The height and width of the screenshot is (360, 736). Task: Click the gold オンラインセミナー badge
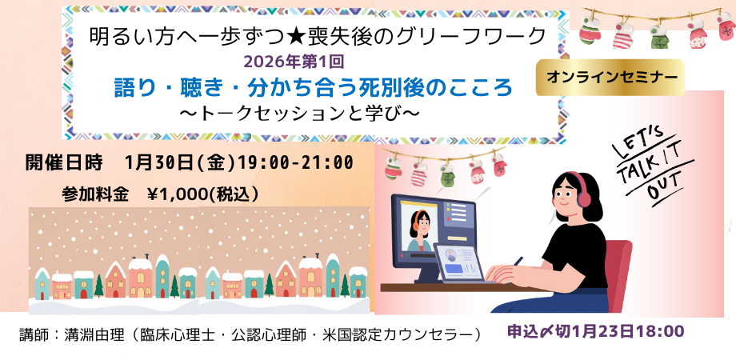610,78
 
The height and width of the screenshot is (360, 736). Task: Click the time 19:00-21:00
296,162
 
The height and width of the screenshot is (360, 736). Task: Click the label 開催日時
64,162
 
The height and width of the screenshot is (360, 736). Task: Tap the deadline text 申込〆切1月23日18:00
596,331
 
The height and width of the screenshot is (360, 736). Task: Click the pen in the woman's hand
518,262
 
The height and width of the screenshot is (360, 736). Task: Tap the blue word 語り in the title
133,88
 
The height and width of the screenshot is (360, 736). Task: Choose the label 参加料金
95,194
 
